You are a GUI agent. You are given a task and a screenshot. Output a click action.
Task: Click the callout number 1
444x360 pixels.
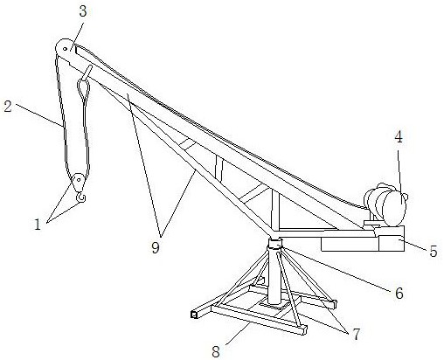[x=38, y=225]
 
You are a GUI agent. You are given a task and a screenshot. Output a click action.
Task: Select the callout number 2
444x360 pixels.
[x=8, y=107]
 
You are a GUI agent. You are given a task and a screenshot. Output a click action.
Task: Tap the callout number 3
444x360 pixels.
[x=83, y=12]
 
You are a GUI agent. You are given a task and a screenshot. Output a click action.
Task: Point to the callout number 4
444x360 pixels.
[x=399, y=137]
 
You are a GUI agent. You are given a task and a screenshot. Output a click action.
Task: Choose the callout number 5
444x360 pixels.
[x=434, y=251]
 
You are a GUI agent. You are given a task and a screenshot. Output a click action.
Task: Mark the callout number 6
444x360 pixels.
[x=399, y=293]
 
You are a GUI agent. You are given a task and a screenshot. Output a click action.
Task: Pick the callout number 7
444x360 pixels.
[x=357, y=334]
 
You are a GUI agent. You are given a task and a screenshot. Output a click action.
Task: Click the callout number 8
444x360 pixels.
[x=216, y=351]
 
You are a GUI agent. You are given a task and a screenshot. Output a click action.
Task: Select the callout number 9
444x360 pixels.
[x=156, y=248]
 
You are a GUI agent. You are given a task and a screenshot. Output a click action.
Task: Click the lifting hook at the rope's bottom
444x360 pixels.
[x=80, y=197]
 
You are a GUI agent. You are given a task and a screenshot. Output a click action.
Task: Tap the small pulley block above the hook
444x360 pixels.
[x=78, y=182]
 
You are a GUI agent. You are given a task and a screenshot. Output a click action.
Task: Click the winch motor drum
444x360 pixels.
[x=387, y=204]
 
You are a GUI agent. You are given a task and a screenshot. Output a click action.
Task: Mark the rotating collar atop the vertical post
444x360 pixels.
[x=275, y=243]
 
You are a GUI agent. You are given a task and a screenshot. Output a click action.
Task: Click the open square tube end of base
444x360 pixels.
[x=194, y=315]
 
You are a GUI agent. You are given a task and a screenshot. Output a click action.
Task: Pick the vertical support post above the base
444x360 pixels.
[x=274, y=275]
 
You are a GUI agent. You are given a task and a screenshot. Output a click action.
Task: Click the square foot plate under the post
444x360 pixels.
[x=275, y=305]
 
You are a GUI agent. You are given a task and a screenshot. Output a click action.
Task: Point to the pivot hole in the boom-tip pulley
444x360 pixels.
[x=65, y=49]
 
